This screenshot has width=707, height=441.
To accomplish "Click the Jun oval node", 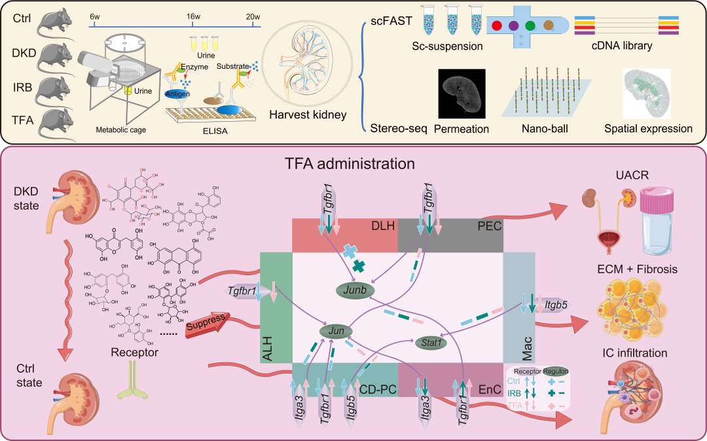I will coord(332,332).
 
